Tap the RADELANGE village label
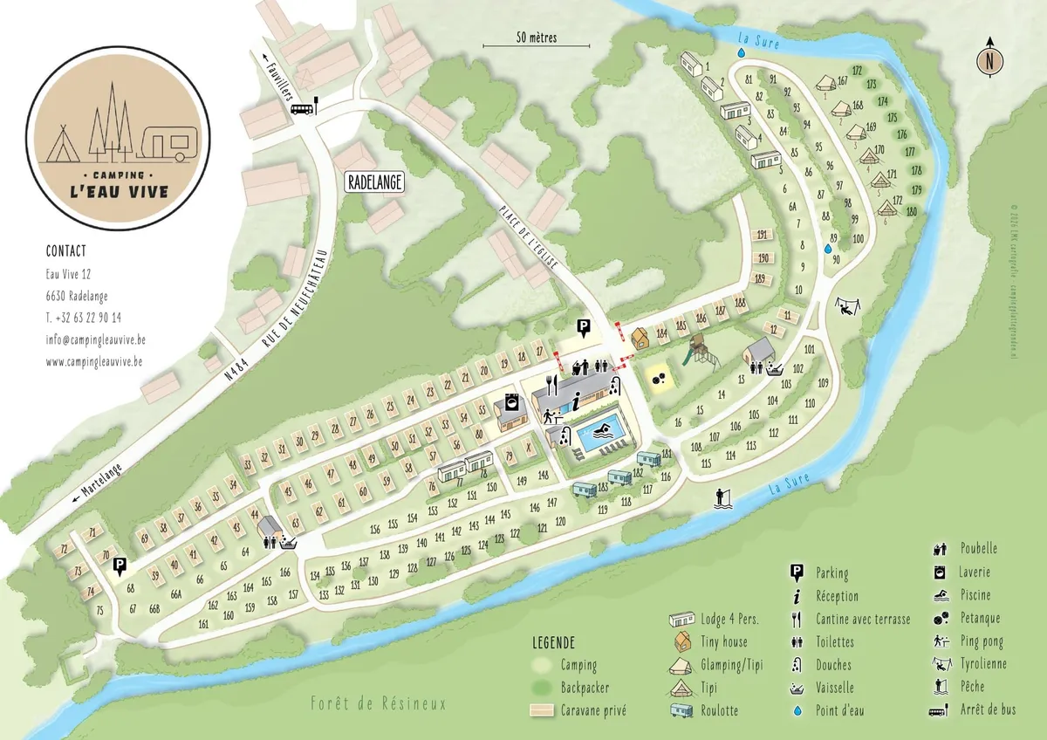[373, 182]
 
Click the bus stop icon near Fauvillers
[303, 108]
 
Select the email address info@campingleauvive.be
[94, 339]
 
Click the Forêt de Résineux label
[378, 703]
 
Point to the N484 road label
[230, 370]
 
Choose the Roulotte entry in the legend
[720, 710]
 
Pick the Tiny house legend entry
[723, 641]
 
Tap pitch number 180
[911, 212]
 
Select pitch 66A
[175, 593]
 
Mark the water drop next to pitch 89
[827, 249]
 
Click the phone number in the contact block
[84, 318]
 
